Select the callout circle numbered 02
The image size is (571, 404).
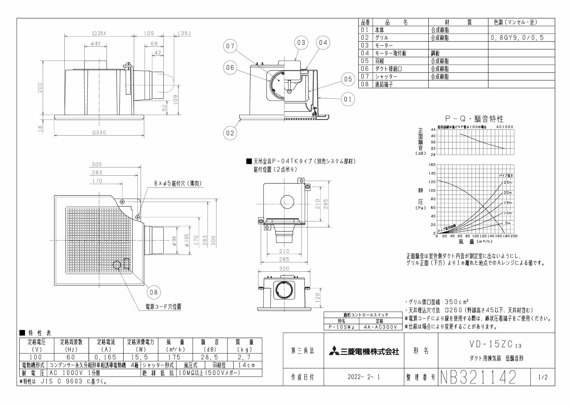coord(230,133)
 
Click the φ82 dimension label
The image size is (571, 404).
coord(95,44)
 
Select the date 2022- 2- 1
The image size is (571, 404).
coord(364,378)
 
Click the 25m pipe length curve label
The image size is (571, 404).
coord(507,182)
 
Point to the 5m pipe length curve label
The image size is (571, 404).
coord(508,224)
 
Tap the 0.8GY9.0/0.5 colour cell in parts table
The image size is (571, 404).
coord(517,38)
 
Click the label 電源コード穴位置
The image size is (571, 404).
coord(163,307)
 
